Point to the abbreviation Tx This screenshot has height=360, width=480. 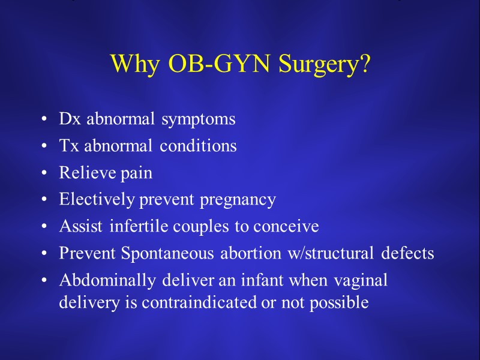click(x=70, y=146)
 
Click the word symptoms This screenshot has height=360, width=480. click(x=198, y=119)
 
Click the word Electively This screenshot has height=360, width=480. click(x=97, y=200)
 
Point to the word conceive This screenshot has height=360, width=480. click(x=286, y=227)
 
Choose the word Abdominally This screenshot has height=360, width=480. click(x=101, y=281)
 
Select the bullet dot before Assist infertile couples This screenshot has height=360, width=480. click(x=46, y=227)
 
